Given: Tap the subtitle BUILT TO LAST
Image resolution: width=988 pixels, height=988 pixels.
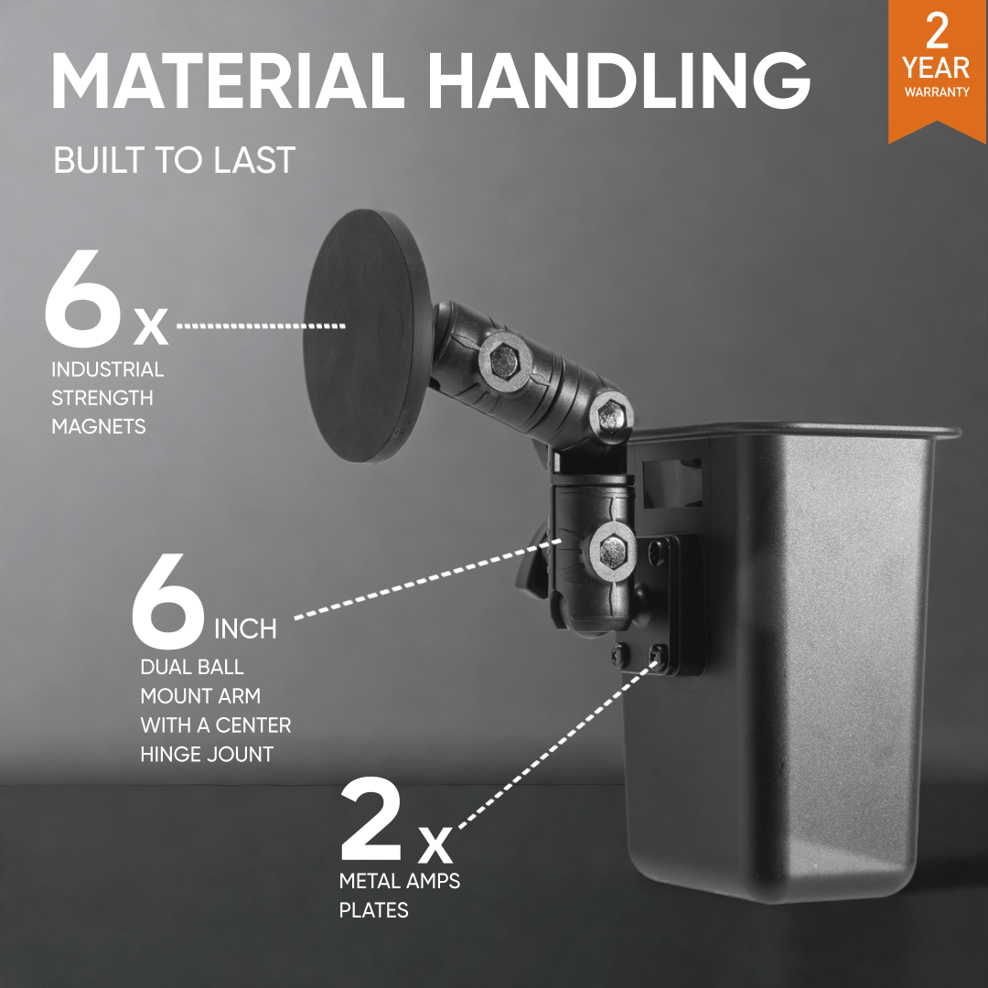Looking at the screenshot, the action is coord(174,160).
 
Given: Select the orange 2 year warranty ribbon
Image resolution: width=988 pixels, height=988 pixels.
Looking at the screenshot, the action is coord(937,70).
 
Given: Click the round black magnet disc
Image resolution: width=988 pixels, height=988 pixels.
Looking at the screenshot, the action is coord(368,336).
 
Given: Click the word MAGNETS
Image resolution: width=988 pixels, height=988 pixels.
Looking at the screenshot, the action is coord(98,426).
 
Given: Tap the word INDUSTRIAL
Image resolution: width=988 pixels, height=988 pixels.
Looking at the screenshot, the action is coord(108,370).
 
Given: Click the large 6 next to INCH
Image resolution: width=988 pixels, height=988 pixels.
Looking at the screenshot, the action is coord(168,601).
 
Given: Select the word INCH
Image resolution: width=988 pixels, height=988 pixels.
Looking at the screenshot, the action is coord(245,628).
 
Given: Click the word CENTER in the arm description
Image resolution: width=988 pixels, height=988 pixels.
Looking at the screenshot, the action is coord(253,725).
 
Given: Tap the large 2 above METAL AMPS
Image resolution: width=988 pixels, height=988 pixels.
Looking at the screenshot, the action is coord(371,819).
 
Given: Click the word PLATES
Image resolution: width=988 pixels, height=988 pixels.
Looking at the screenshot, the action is coord(373,910).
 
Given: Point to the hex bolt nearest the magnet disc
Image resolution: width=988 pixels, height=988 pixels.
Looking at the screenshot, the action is coord(504,361).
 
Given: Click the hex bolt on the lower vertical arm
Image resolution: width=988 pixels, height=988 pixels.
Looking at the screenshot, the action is coord(612,552).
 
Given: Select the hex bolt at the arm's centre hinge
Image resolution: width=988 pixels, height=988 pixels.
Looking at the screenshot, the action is coord(611,414).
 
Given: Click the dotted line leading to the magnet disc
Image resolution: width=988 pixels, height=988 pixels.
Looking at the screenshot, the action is coord(261,326).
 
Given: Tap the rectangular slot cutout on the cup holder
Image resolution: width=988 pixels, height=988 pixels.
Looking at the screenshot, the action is coord(671,483).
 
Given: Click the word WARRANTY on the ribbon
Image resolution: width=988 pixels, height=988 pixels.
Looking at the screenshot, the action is coord(937,92).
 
